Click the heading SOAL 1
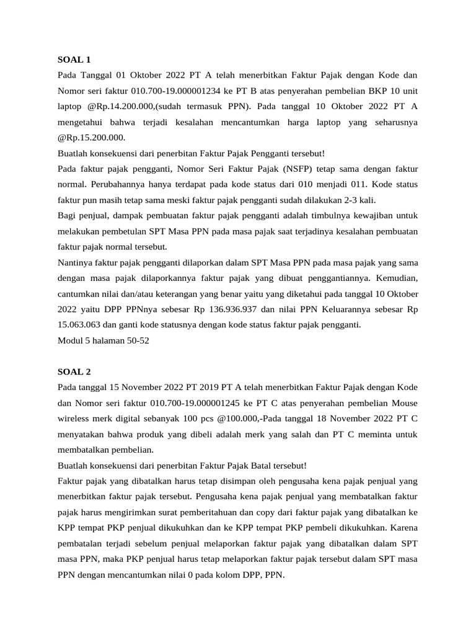pyautogui.click(x=74, y=60)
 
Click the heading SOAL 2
pyautogui.click(x=74, y=371)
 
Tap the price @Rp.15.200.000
pyautogui.click(x=91, y=137)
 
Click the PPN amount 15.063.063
pyautogui.click(x=86, y=324)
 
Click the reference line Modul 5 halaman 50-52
pyautogui.click(x=103, y=340)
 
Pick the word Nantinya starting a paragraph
pyautogui.click(x=76, y=262)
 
